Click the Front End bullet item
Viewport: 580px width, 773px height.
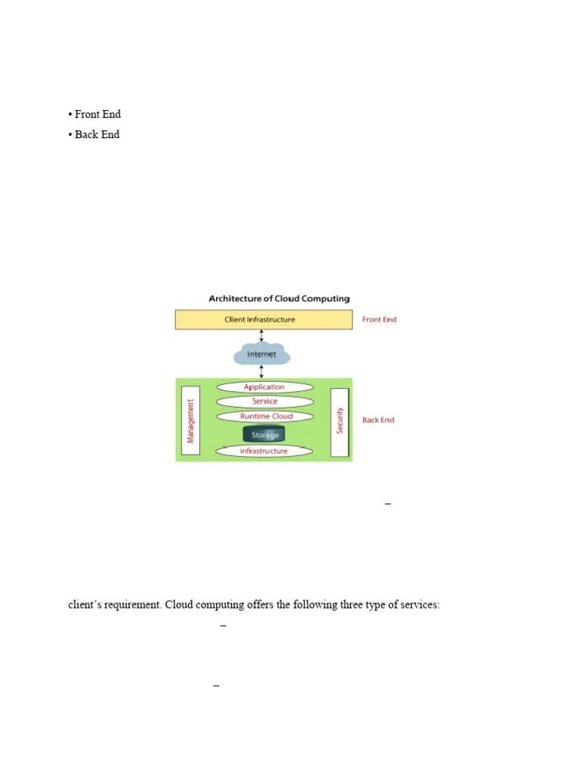click(97, 115)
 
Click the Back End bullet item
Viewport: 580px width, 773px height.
click(97, 134)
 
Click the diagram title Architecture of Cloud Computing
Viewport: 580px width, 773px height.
click(279, 299)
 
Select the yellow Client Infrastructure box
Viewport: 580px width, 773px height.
click(264, 319)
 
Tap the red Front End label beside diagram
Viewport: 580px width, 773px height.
click(379, 319)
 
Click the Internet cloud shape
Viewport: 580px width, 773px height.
click(261, 354)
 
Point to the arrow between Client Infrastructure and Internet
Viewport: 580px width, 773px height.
click(261, 335)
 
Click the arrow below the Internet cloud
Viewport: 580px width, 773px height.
click(261, 371)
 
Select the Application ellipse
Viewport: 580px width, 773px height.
click(264, 387)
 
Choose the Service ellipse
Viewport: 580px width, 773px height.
click(264, 402)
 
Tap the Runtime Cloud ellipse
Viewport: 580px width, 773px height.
click(264, 416)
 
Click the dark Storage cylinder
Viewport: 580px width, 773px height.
click(264, 434)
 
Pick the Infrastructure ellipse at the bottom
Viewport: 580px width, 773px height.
click(264, 451)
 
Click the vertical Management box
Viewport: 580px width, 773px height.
click(191, 421)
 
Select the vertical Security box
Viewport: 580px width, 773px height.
click(340, 421)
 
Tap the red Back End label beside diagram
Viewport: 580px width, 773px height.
click(378, 420)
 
